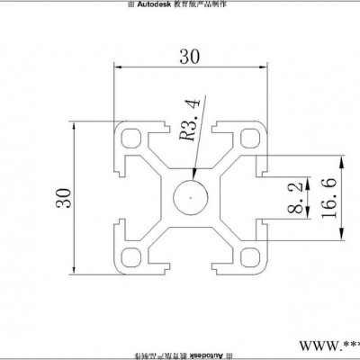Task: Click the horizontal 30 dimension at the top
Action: tap(190, 55)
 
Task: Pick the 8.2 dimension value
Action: tap(295, 196)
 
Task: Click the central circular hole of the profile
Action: tap(192, 193)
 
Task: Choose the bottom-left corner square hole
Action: tap(131, 256)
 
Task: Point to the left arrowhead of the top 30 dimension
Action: tap(117, 66)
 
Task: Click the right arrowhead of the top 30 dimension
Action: tap(265, 66)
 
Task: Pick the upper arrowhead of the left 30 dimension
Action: tap(75, 123)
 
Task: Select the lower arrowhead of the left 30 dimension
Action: tap(75, 269)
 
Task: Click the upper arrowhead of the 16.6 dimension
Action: tap(342, 159)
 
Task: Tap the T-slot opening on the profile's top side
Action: tap(191, 123)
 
